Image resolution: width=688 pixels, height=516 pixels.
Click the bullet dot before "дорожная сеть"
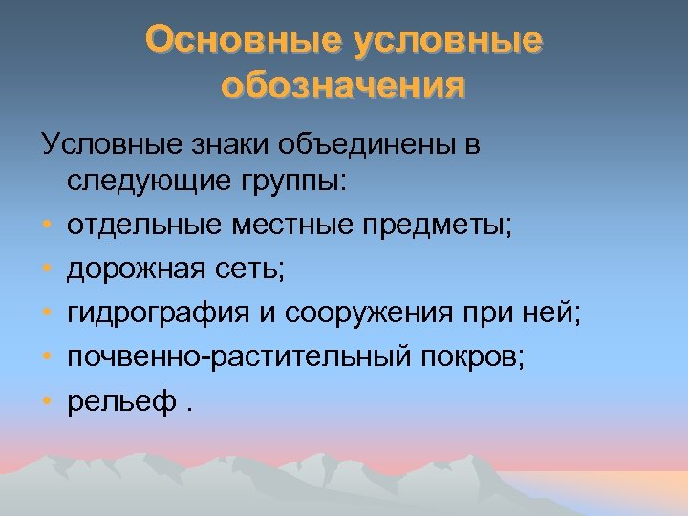[x=47, y=270]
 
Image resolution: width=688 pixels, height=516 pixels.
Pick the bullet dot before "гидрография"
[x=47, y=312]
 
